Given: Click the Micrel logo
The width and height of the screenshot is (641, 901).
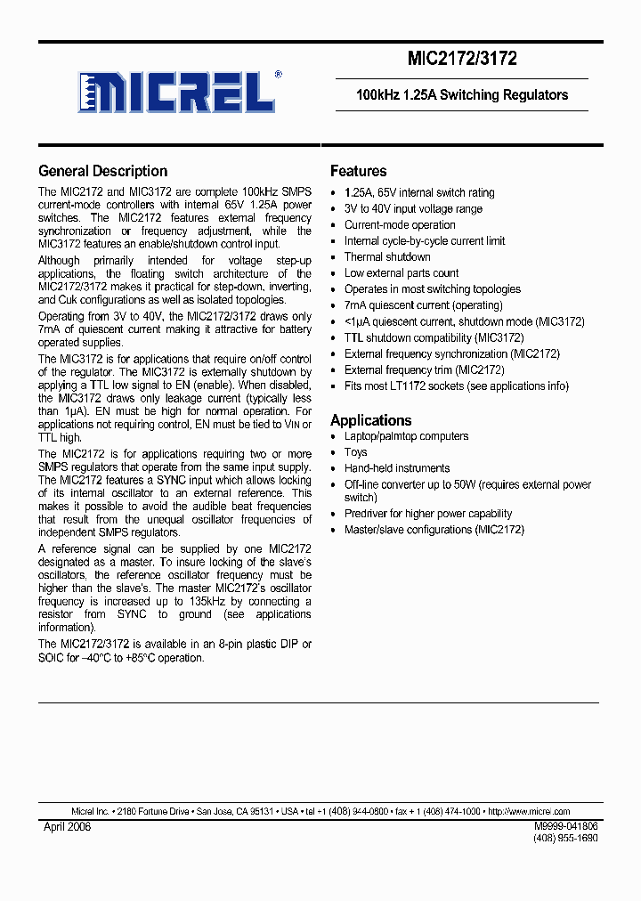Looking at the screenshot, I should coord(177,91).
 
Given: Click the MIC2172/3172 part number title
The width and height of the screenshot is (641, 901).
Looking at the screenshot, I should coord(461,60).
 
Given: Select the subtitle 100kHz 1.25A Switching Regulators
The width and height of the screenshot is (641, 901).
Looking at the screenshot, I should coord(461,95).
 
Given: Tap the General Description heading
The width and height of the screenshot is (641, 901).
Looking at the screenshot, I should coord(102,171).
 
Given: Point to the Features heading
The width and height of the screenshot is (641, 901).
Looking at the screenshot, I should coord(358,171).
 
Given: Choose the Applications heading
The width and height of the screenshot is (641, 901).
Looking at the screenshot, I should coord(370,420).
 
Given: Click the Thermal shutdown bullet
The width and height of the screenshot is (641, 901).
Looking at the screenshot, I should coord(387,257).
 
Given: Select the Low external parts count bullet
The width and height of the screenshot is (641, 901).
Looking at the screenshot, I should coord(402,273).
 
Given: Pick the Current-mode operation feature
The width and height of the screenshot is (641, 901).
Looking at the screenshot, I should coord(400,225).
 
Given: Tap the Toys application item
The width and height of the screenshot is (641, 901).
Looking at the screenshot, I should coord(355,452).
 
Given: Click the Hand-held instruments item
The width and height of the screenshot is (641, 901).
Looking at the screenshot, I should coord(397,468).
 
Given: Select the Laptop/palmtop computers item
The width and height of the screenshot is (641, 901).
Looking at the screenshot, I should coord(406,436).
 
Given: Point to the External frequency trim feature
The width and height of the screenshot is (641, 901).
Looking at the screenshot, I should coord(424,369).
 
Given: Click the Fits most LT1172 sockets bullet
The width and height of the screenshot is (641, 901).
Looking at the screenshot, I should coord(456,386).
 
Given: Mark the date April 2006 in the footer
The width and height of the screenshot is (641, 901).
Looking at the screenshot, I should coord(67,827).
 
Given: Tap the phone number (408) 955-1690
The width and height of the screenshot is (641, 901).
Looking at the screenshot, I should coord(565,839).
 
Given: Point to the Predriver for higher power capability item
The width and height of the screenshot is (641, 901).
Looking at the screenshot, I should coord(428,514).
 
